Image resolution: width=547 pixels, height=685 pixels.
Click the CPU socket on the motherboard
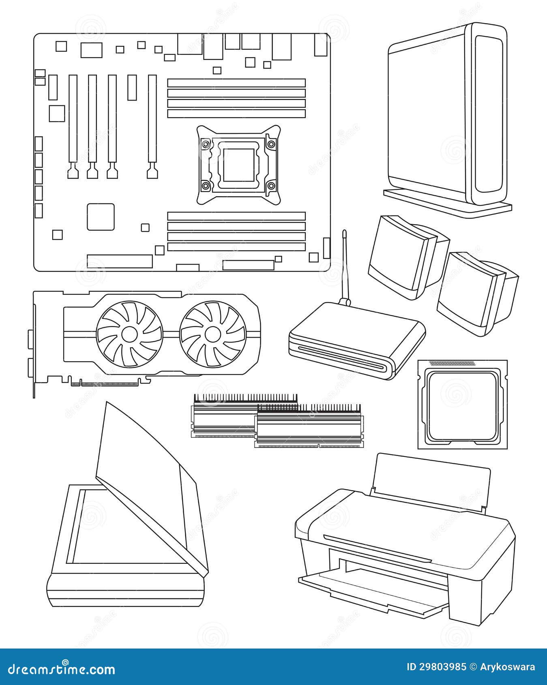click(x=238, y=164)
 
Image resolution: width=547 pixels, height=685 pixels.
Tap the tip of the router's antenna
click(x=344, y=233)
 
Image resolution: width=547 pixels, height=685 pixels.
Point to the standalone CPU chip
click(x=463, y=405)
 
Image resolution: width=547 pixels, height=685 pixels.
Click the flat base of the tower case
click(x=446, y=203)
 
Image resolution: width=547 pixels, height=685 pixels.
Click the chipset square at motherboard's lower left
click(x=101, y=217)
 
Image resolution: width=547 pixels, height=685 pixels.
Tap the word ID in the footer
click(x=412, y=667)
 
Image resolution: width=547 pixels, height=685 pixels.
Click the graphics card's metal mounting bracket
click(x=34, y=345)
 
